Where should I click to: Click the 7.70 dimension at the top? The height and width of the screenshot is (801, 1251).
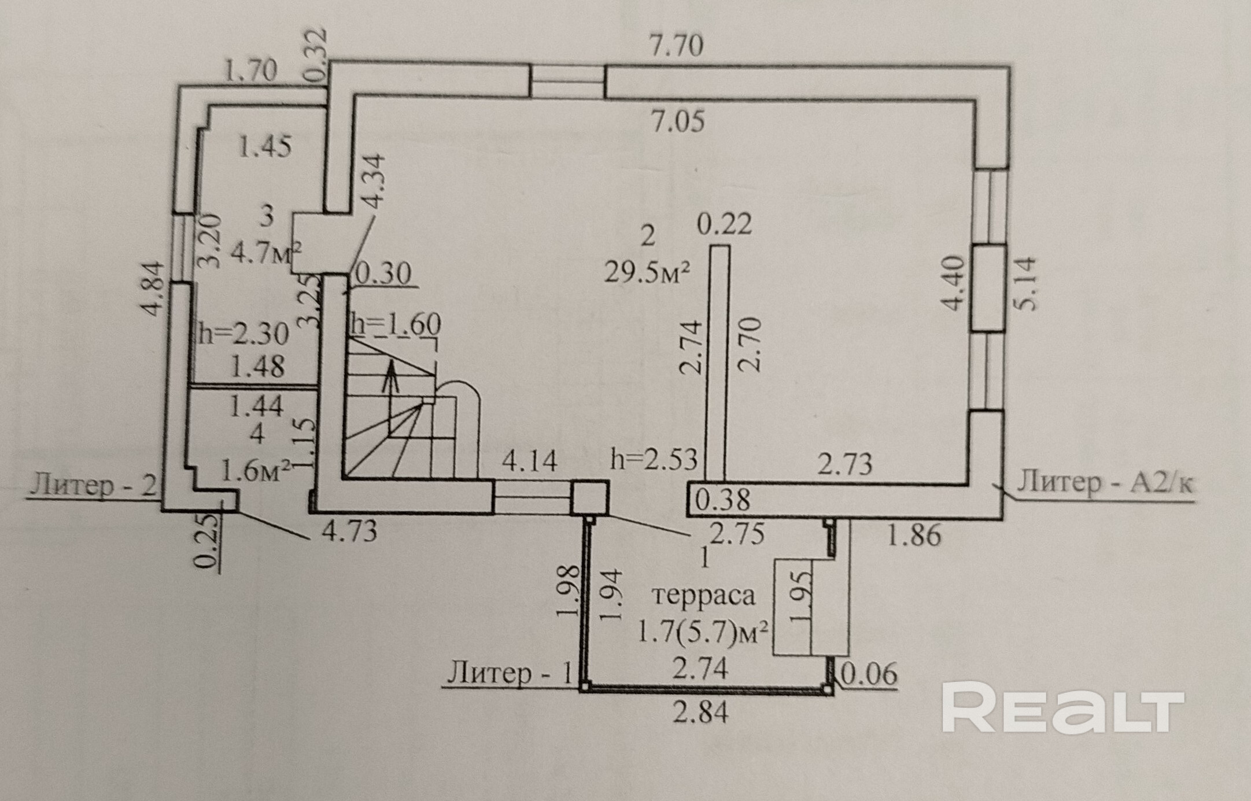677,45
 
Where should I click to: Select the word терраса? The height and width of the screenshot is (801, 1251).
703,595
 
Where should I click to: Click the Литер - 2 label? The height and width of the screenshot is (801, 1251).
93,484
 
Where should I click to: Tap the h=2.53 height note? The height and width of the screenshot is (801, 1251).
654,460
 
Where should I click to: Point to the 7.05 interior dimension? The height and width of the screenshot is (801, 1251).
678,121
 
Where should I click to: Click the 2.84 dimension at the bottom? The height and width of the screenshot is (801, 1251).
700,712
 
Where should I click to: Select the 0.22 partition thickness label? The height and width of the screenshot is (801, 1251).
724,224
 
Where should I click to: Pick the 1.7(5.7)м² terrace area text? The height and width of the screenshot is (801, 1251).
703,632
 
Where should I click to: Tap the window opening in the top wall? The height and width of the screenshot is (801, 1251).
567,82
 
